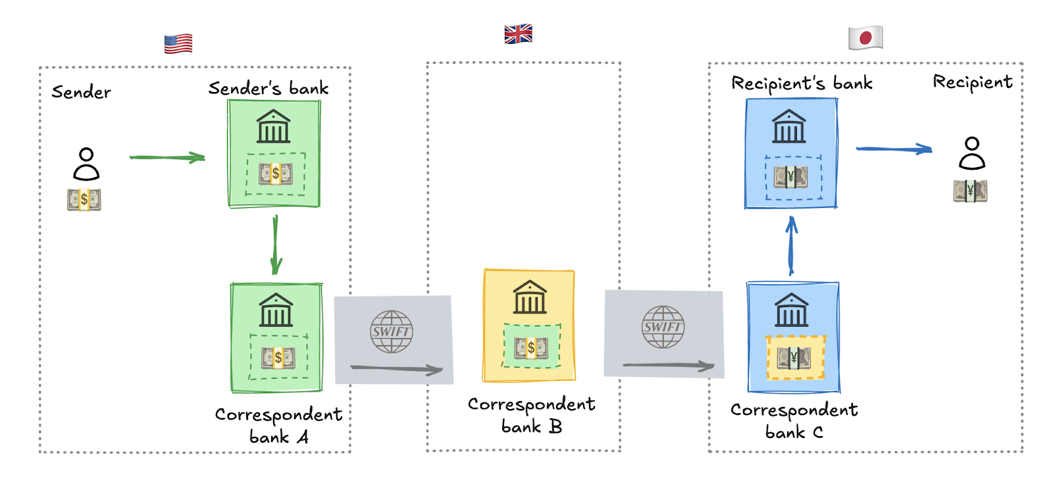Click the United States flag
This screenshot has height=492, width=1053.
coord(178,43)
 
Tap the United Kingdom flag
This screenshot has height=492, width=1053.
coord(518,34)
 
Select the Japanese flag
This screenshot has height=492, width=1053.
coord(865,37)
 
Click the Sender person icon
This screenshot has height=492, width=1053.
coord(86,164)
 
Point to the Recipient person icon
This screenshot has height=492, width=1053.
coord(971,153)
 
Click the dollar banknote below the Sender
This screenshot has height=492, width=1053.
coord(84,199)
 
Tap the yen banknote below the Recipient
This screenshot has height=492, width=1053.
coord(970,191)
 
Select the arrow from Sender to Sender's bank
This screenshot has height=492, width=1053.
coord(167,157)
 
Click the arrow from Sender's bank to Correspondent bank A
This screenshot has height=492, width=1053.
coord(275,245)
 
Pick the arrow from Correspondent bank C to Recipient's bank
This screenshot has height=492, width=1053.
coord(791,246)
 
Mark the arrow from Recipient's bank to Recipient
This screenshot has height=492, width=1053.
coord(894,149)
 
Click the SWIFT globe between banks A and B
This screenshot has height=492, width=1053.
coord(392,331)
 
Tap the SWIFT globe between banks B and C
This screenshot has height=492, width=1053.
coord(663,326)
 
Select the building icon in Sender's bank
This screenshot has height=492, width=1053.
coord(273,126)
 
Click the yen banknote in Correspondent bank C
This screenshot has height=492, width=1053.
coord(794,358)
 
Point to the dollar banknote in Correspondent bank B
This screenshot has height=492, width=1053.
coord(531,347)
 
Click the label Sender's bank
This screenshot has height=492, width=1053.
coord(269,88)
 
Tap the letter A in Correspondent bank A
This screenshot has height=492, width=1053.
coord(302,437)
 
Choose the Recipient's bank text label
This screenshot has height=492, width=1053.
coord(802,84)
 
